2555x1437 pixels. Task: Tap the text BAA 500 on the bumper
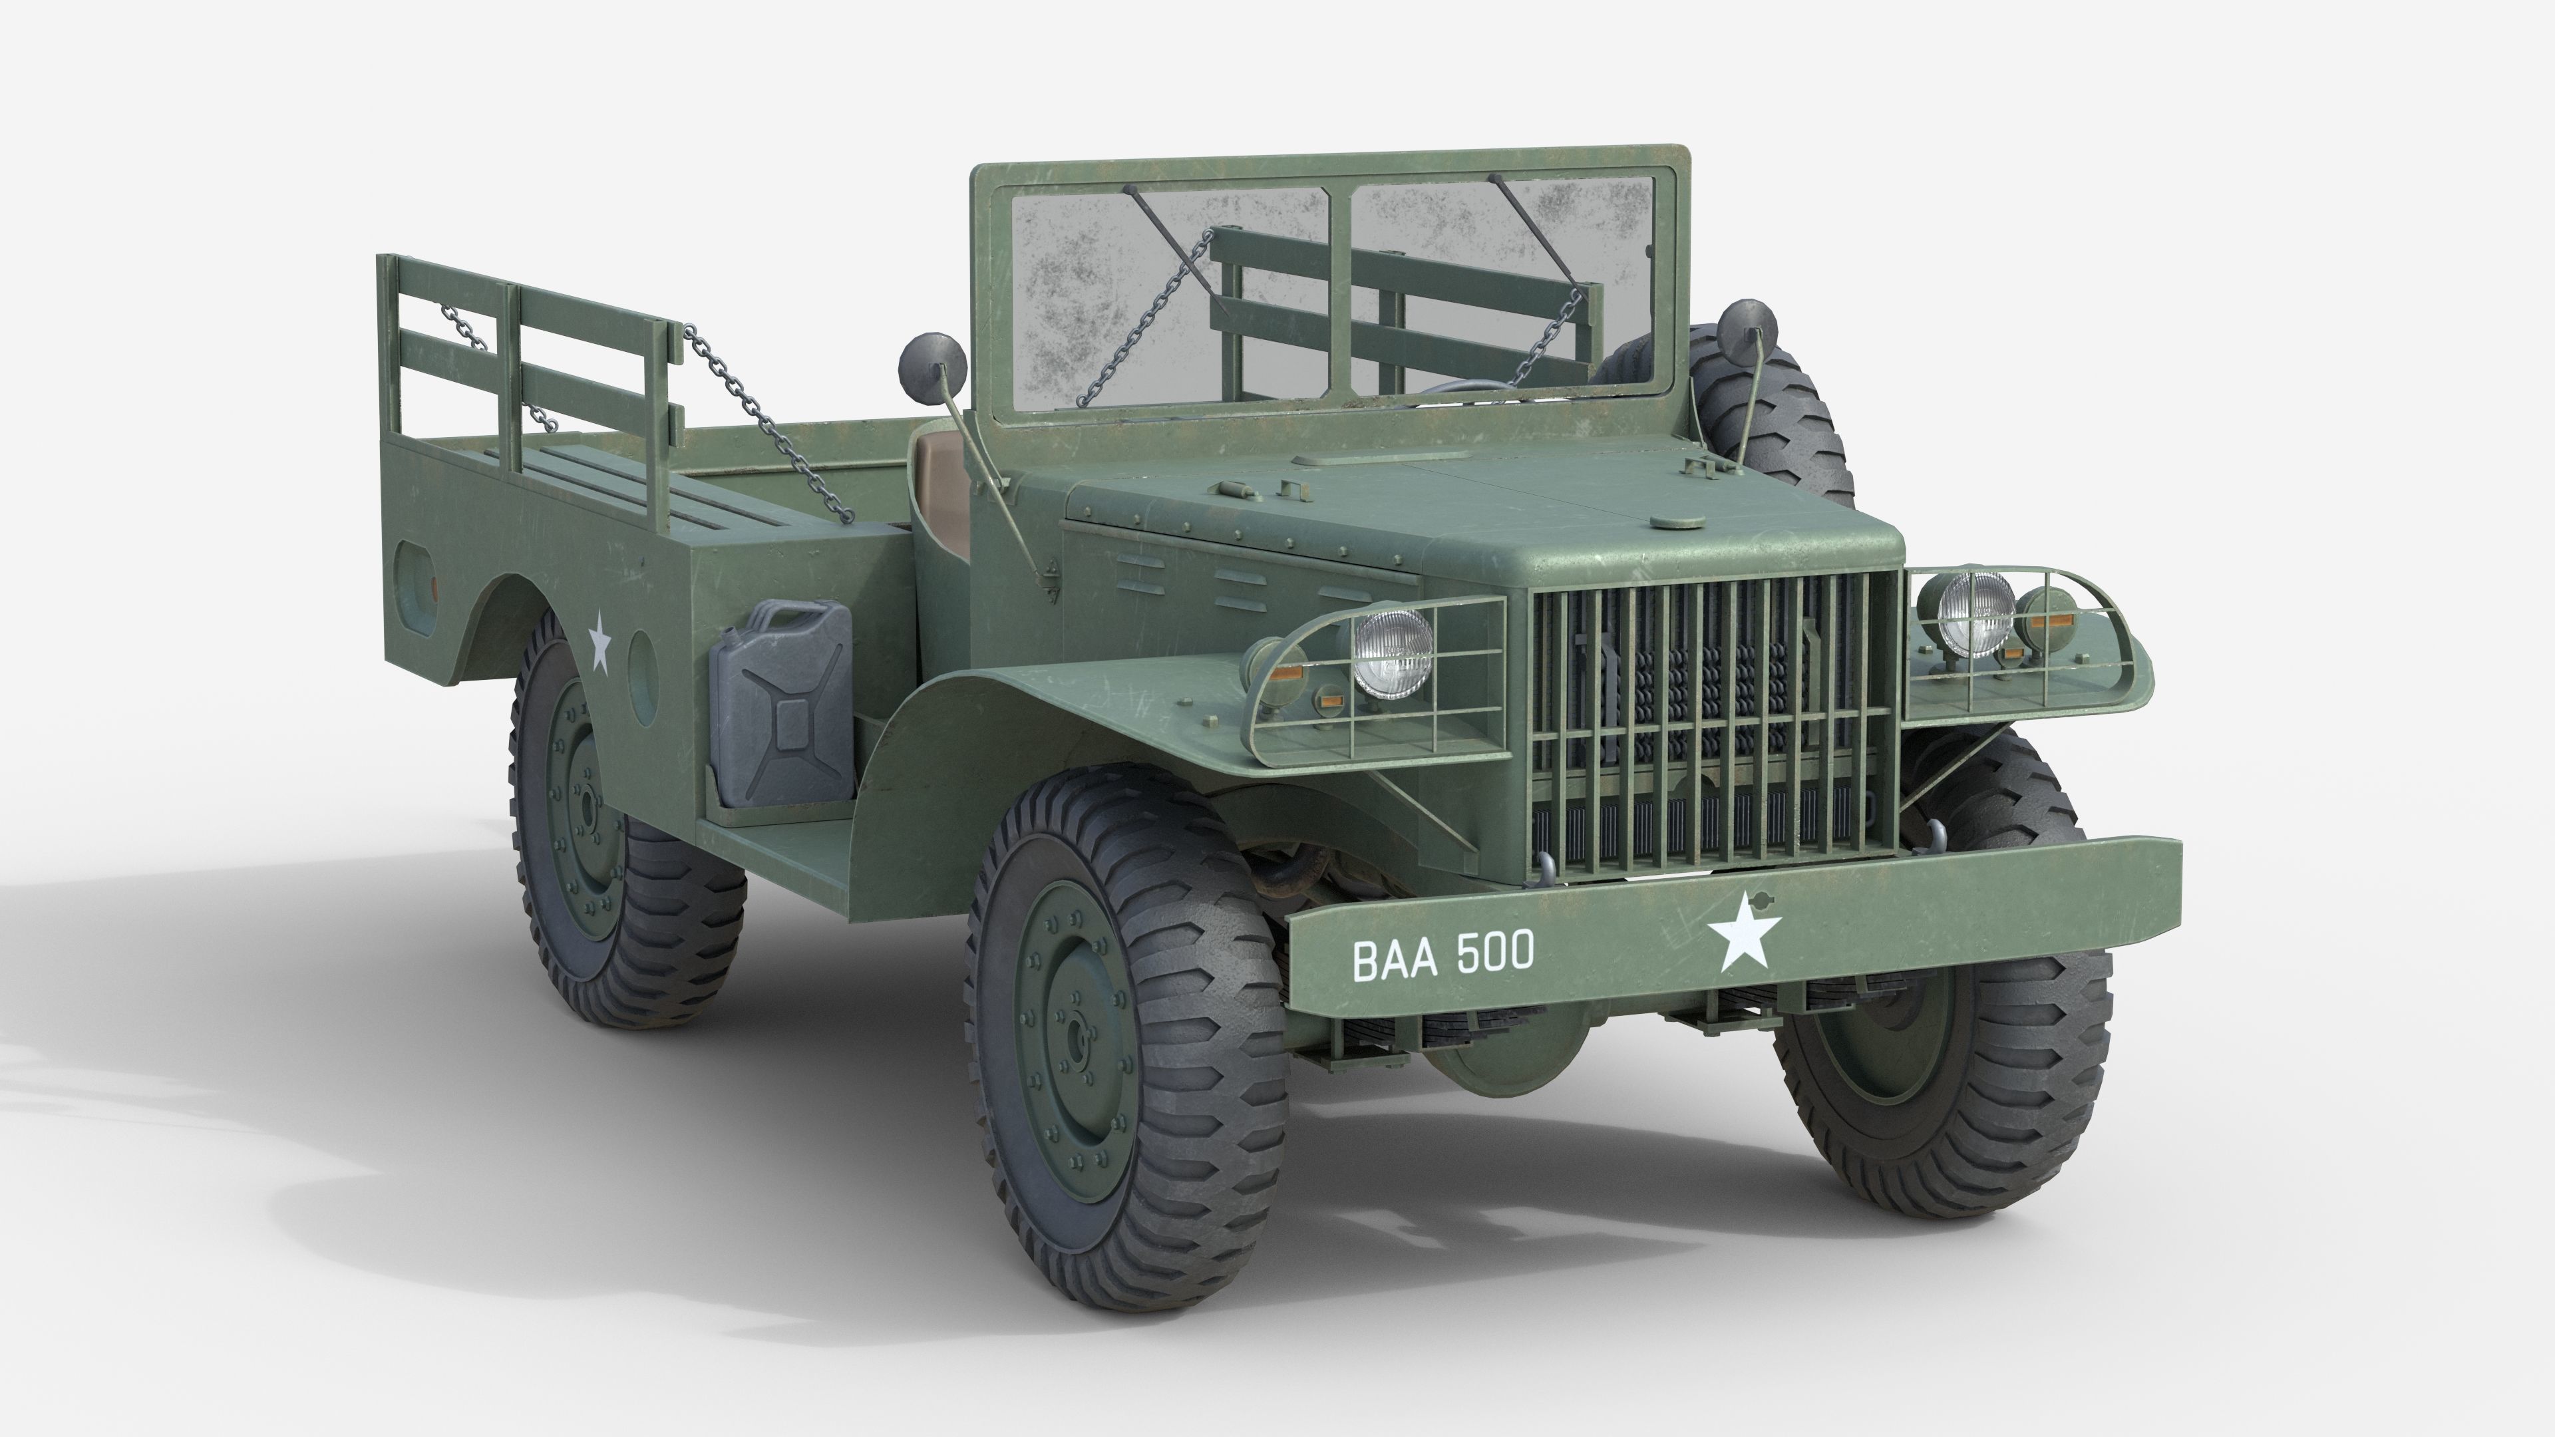click(x=1443, y=955)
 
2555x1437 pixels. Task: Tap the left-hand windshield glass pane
click(x=1170, y=297)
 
